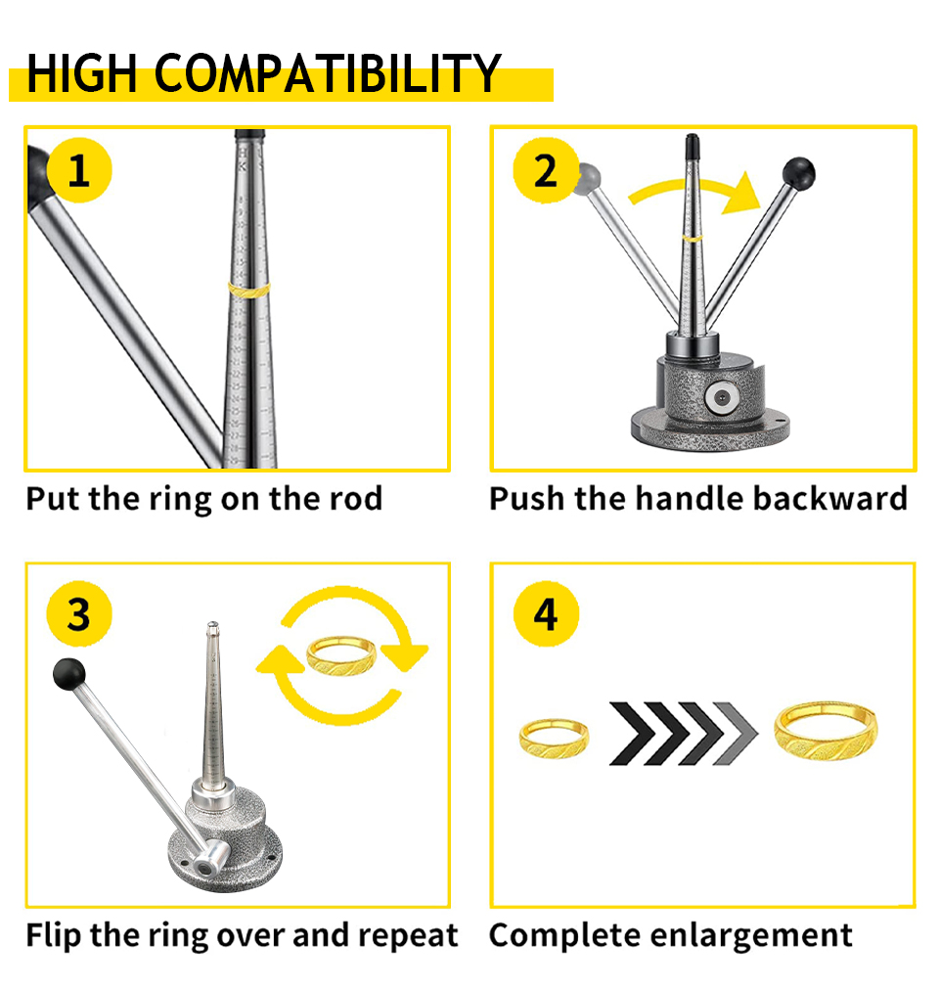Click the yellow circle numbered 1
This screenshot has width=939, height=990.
(x=79, y=170)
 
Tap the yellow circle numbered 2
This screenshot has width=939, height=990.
(x=545, y=170)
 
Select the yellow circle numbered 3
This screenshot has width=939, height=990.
(x=79, y=613)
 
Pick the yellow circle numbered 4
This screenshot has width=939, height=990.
(x=546, y=613)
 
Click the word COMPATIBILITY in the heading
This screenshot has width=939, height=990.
(x=327, y=73)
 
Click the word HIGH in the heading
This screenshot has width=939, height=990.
(x=82, y=73)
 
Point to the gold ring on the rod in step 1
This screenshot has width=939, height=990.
(x=248, y=291)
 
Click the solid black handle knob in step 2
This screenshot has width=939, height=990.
(x=799, y=173)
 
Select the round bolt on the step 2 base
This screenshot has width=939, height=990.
(x=723, y=398)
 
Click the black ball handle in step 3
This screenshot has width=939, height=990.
(x=68, y=674)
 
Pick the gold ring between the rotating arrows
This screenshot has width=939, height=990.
(x=341, y=656)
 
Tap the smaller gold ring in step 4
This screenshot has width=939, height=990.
(x=554, y=738)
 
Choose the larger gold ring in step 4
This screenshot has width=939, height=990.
(x=826, y=731)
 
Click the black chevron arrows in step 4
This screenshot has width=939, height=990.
(x=684, y=733)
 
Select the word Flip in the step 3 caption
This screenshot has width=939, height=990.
(x=54, y=935)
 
